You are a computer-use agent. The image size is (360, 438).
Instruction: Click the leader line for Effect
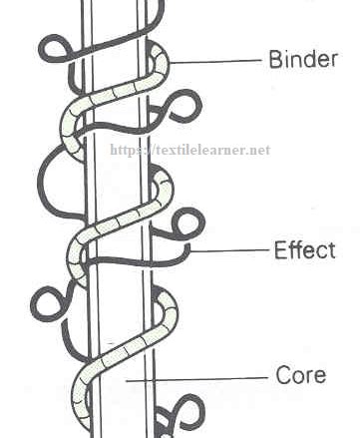click(229, 250)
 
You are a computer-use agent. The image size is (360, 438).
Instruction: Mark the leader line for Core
click(199, 379)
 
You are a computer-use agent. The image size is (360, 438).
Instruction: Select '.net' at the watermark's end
click(257, 151)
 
